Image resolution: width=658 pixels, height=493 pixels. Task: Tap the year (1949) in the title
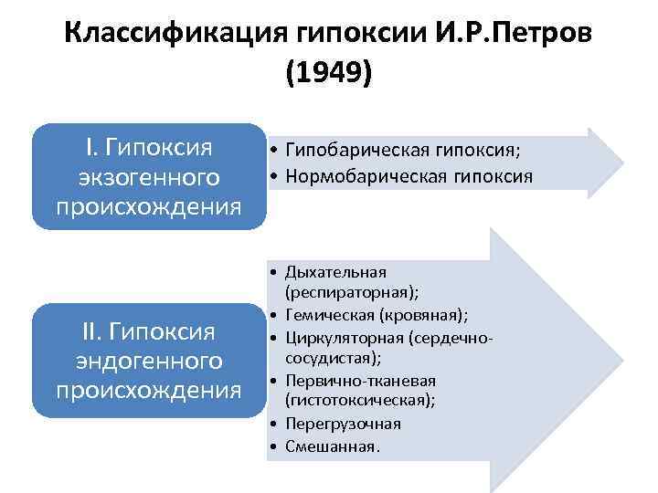tap(329, 73)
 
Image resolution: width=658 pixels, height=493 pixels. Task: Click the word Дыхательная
tap(336, 272)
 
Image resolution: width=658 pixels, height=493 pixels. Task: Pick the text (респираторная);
tap(353, 292)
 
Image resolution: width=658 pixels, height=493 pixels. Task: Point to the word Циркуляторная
tap(345, 337)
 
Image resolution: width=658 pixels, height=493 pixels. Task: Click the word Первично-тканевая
tap(360, 380)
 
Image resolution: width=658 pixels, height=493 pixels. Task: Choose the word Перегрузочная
tap(343, 424)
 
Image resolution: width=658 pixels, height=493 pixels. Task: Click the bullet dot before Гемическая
tap(274, 315)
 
